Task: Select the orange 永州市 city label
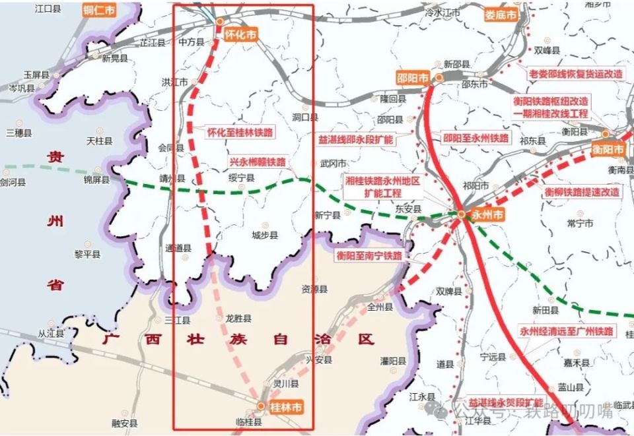click(x=489, y=215)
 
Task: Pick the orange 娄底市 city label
click(x=500, y=15)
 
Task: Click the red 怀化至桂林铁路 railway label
click(x=240, y=132)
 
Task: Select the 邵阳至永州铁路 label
click(x=476, y=139)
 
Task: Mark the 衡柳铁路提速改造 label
click(x=582, y=192)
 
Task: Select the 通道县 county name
click(x=178, y=249)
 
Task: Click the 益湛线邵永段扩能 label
click(x=355, y=140)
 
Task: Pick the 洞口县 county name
click(x=305, y=117)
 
